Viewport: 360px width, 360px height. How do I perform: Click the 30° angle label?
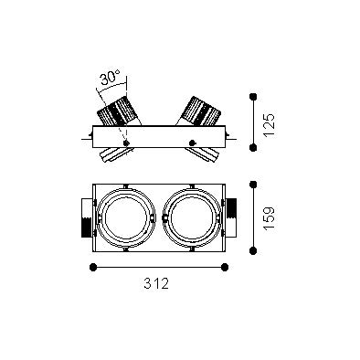click(111, 78)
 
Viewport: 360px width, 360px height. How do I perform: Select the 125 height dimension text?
click(270, 125)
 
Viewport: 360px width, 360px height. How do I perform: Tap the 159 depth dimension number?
click(270, 218)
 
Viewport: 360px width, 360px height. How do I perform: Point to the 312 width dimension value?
click(156, 284)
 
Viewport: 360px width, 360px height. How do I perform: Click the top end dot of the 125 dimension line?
click(253, 97)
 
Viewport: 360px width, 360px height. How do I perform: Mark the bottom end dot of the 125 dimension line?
click(253, 148)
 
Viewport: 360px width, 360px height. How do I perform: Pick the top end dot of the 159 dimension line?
click(253, 184)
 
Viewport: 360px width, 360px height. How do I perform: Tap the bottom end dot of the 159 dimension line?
click(253, 251)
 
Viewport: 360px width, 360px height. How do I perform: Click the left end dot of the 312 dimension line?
click(93, 268)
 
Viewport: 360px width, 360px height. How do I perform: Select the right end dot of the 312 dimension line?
click(225, 268)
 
